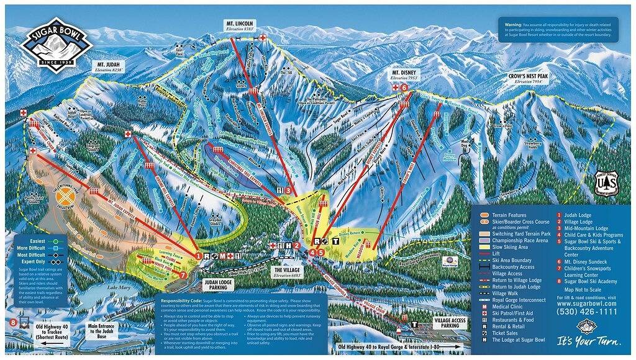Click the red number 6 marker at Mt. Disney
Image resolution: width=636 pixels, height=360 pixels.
click(x=405, y=88)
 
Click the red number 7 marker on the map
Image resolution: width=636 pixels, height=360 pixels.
click(x=183, y=274)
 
